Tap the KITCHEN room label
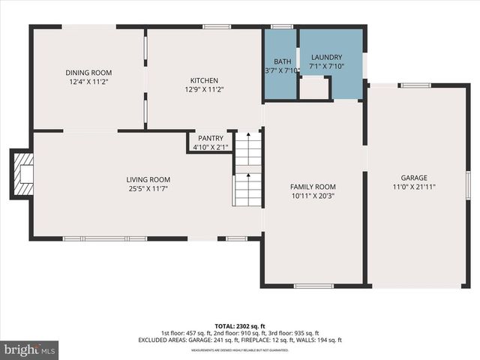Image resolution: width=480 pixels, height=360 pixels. coord(204,80)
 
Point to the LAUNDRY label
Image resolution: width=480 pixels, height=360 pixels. coord(326,57)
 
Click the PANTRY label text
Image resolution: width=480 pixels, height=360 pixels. coord(210,139)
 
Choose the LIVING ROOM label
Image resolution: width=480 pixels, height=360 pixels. coord(148,179)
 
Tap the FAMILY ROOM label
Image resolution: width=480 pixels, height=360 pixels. coord(313,187)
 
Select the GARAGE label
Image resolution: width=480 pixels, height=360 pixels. coord(414,178)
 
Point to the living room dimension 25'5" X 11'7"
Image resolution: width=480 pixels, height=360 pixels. coord(148,188)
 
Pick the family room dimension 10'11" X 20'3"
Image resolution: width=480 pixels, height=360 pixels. coord(313,196)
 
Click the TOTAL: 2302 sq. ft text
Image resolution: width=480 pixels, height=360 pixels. coord(239,325)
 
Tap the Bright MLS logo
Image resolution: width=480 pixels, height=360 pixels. coord(30,349)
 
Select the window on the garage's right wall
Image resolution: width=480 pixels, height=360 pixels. coord(467,184)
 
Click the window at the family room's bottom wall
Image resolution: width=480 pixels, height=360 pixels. coord(313,286)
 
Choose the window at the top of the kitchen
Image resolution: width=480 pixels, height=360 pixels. coord(217,27)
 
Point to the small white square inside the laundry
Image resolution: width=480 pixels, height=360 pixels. coord(313,88)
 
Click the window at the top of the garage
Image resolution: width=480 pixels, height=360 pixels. coord(415,85)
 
